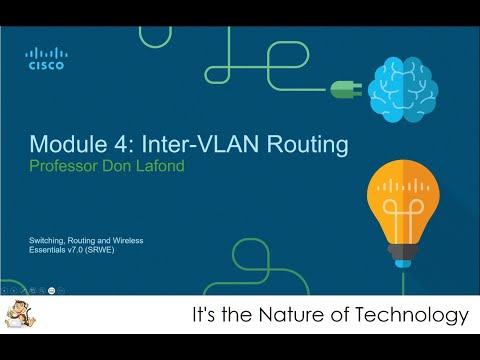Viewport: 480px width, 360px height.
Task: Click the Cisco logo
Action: click(x=45, y=59)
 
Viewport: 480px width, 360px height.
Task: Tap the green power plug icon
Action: click(x=343, y=89)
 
